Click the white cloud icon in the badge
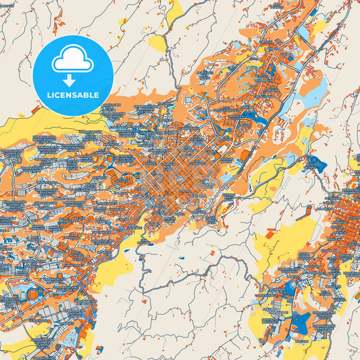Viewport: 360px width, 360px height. pyautogui.click(x=73, y=61)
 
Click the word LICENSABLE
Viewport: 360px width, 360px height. pyautogui.click(x=73, y=95)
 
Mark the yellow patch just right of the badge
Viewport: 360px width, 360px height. pyautogui.click(x=157, y=44)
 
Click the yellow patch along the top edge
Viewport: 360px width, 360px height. pyautogui.click(x=174, y=9)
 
